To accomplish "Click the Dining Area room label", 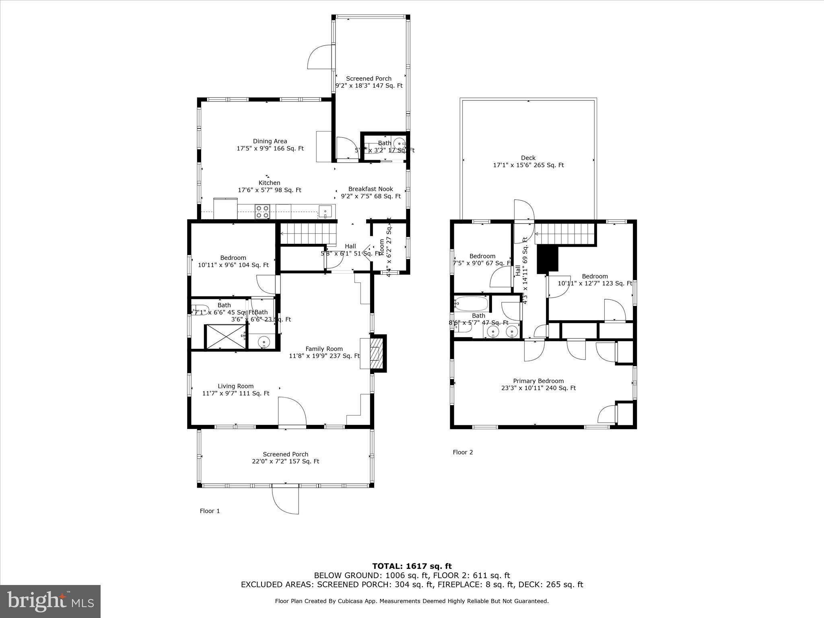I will pos(270,145).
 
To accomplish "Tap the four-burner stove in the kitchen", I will pos(263,212).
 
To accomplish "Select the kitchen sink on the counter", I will pos(325,211).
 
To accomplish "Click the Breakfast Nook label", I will pos(371,192).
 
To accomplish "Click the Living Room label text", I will pos(236,389).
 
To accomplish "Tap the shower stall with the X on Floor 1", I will pos(225,336).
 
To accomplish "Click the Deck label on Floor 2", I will pos(528,161).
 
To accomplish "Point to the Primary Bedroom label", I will pos(538,384).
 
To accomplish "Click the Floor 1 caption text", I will pos(210,511).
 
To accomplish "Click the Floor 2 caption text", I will pos(463,452).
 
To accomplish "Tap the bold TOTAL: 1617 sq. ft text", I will pos(412,566).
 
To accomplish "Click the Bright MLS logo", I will pos(50,601).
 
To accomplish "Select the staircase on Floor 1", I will pos(308,234).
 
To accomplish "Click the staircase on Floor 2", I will pos(565,234).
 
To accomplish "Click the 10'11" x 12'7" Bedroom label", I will pos(595,280).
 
